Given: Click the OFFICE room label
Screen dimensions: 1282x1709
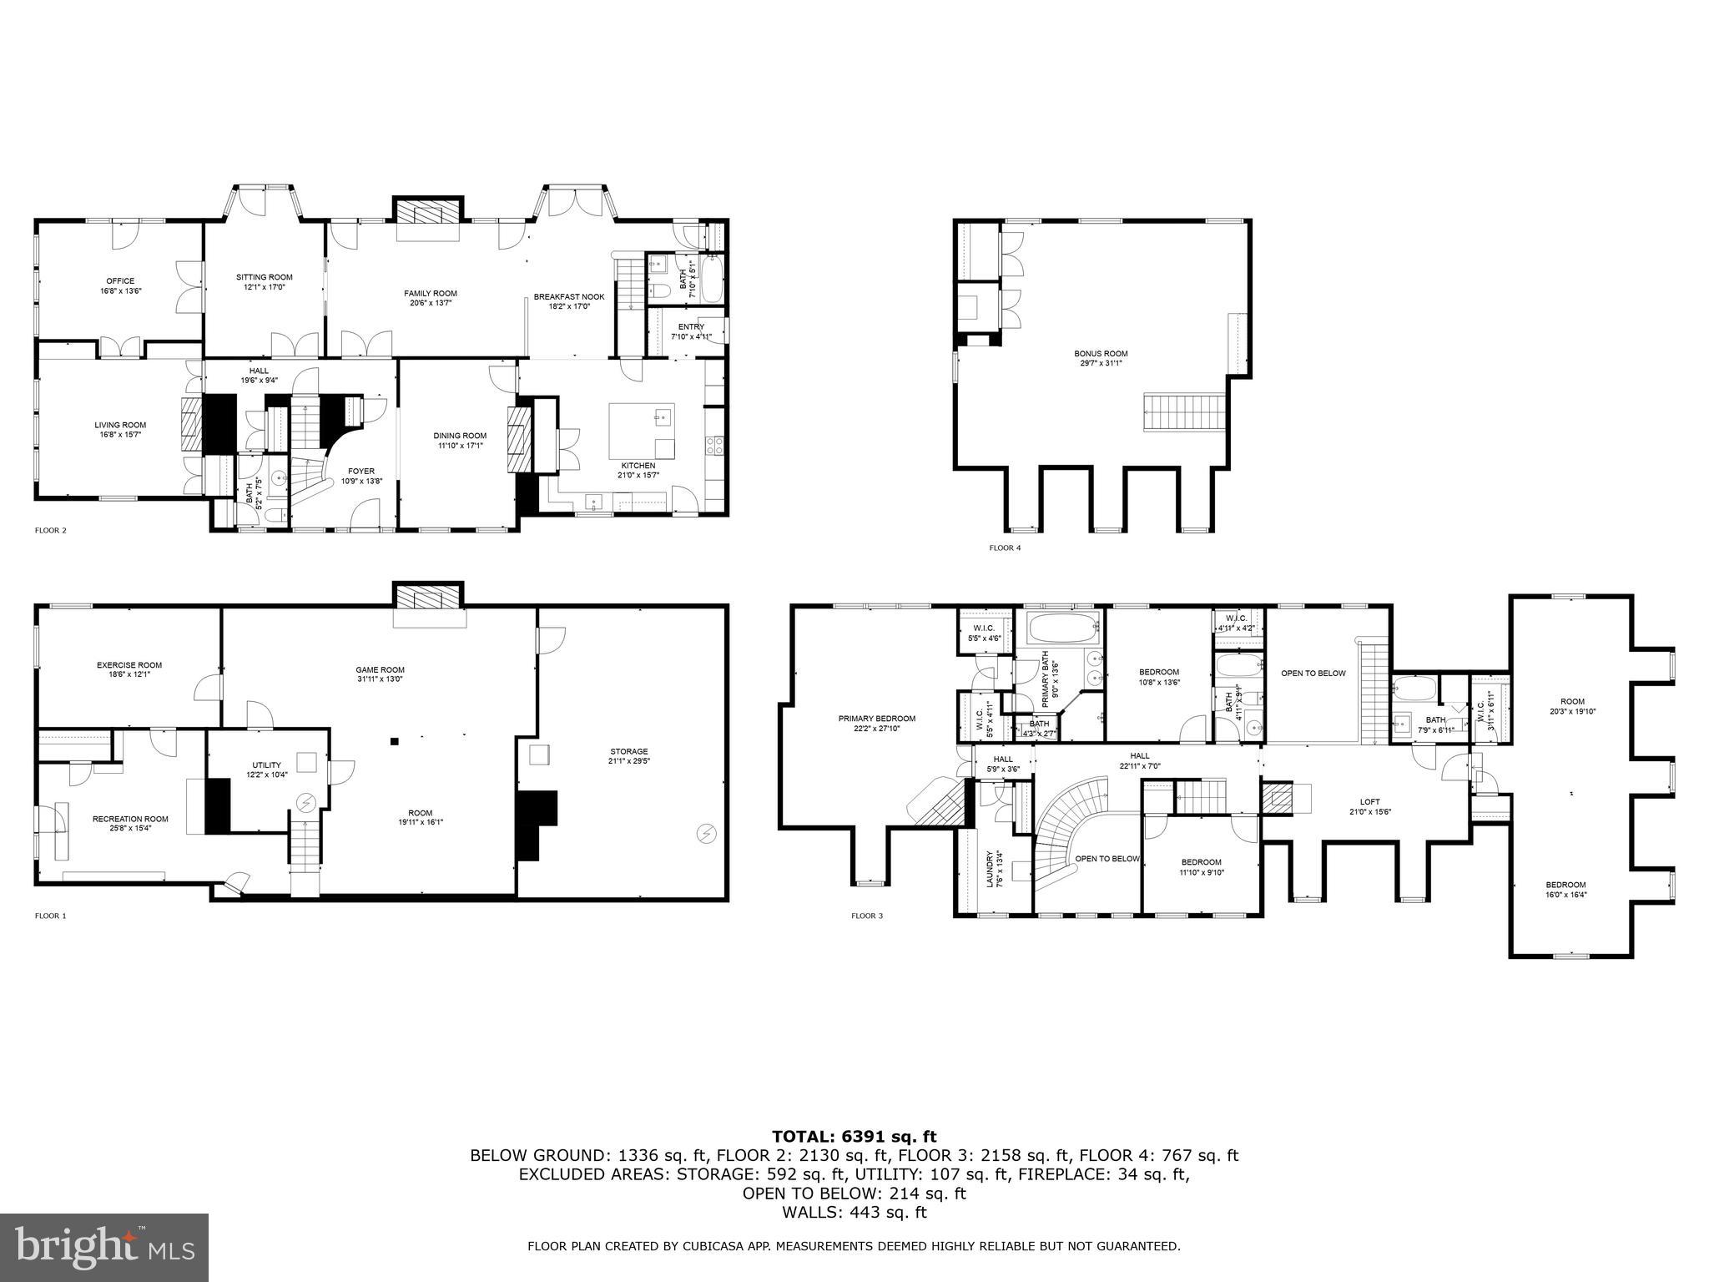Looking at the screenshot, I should pyautogui.click(x=120, y=281).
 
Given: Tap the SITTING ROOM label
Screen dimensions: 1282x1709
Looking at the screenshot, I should pyautogui.click(x=265, y=277).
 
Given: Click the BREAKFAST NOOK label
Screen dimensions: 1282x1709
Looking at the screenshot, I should pyautogui.click(x=569, y=296).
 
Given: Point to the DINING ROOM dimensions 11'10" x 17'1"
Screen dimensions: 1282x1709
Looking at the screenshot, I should pyautogui.click(x=460, y=446).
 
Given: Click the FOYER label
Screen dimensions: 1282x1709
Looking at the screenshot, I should pyautogui.click(x=361, y=471).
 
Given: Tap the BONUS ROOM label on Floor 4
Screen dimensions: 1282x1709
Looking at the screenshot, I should pyautogui.click(x=1101, y=353).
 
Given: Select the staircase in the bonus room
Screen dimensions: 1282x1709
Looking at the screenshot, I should pyautogui.click(x=1183, y=412).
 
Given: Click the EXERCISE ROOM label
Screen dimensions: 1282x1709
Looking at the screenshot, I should pyautogui.click(x=129, y=665).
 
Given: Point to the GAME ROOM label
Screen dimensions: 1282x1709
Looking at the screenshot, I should pyautogui.click(x=380, y=669).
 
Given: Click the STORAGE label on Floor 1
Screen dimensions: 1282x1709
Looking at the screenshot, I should pyautogui.click(x=628, y=751).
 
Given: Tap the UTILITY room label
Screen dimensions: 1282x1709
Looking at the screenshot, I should pyautogui.click(x=267, y=765).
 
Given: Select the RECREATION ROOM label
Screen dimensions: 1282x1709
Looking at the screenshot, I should pyautogui.click(x=130, y=819).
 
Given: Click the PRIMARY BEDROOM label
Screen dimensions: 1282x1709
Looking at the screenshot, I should pyautogui.click(x=877, y=719).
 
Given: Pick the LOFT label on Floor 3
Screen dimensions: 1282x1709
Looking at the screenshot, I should pyautogui.click(x=1370, y=802).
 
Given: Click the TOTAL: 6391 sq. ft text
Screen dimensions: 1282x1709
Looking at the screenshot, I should pyautogui.click(x=854, y=1136).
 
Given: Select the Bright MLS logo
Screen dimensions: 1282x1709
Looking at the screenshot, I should pyautogui.click(x=104, y=1247).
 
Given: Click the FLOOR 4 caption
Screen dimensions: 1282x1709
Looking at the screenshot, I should pyautogui.click(x=1005, y=548).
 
